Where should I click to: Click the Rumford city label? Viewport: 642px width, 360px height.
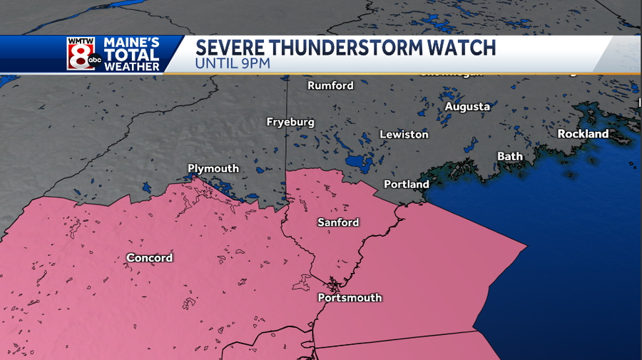pyautogui.click(x=330, y=86)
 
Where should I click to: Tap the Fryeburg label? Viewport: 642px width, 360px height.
pyautogui.click(x=290, y=122)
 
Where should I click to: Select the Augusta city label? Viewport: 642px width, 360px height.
pyautogui.click(x=467, y=106)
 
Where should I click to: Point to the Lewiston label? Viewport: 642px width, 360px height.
pyautogui.click(x=404, y=134)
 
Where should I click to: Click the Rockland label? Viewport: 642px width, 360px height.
pyautogui.click(x=583, y=133)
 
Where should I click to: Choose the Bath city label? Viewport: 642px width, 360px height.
pyautogui.click(x=509, y=156)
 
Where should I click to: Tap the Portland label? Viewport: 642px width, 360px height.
pyautogui.click(x=407, y=184)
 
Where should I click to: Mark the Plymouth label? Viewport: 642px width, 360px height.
pyautogui.click(x=213, y=168)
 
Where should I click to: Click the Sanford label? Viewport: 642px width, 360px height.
pyautogui.click(x=338, y=222)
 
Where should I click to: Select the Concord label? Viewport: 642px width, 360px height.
pyautogui.click(x=149, y=257)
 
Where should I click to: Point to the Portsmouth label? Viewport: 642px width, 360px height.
pyautogui.click(x=350, y=297)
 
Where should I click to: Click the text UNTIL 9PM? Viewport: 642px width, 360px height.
pyautogui.click(x=233, y=64)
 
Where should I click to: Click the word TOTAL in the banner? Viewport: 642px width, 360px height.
pyautogui.click(x=131, y=55)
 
